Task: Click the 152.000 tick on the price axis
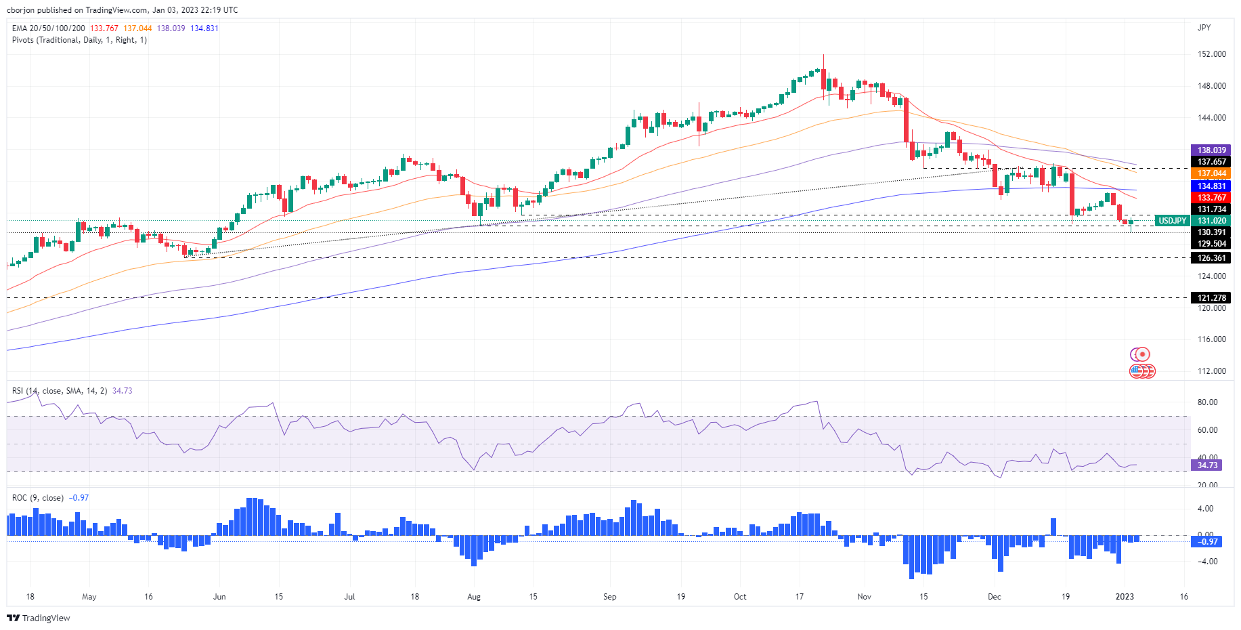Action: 1211,54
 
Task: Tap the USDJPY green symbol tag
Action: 1172,221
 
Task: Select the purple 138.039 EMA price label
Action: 1211,150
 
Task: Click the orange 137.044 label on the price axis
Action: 1211,174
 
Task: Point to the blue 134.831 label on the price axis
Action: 1211,186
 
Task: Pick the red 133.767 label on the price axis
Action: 1211,198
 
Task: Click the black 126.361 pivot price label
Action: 1211,258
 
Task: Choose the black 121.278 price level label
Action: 1211,298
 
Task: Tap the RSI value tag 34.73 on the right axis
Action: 1207,465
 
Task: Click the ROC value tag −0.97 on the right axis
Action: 1207,542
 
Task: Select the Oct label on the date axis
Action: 740,597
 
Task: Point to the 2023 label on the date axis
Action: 1125,597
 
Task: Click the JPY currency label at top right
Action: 1204,28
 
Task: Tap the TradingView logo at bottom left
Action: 39,618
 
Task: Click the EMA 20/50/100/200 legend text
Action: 49,28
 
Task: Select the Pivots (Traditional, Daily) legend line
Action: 79,40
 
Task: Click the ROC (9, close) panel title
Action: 38,498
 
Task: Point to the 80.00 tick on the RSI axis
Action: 1207,402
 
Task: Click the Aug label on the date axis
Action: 474,597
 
